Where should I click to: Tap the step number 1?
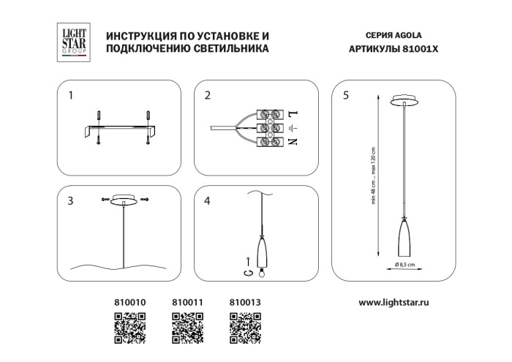coord(71,95)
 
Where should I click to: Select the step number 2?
coord(208,95)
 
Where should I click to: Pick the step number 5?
coord(345,95)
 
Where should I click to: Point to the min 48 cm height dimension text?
coord(374,193)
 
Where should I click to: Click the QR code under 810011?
coord(186,326)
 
